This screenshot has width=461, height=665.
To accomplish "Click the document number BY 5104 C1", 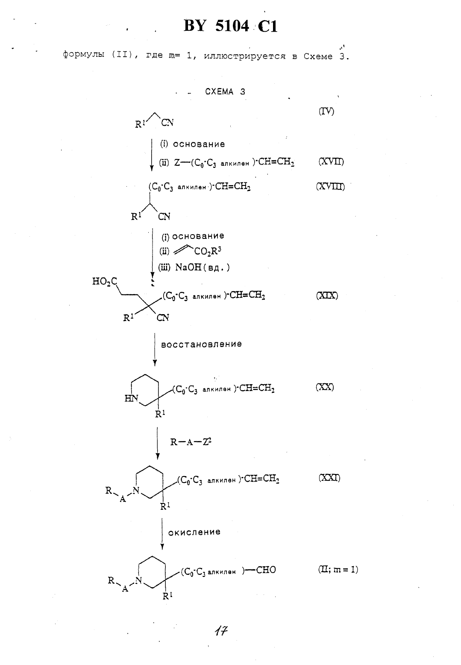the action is pos(231,26).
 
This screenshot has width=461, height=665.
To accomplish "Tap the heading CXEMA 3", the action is pos(225,92).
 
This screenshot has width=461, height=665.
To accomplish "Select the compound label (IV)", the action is pos(326,111).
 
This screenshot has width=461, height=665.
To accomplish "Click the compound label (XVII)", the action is pos(331,162).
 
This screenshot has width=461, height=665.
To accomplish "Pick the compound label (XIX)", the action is pos(327,295).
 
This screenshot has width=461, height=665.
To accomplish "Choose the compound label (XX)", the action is pos(325,387).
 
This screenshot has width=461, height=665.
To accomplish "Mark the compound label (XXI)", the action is pos(329,478).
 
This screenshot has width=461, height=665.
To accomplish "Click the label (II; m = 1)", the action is pos(338,569).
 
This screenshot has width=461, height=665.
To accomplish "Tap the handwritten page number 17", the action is pos(221,630).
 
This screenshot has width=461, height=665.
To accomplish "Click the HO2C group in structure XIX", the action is pos(105,281).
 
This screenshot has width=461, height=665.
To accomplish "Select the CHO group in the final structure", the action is pos(266,570).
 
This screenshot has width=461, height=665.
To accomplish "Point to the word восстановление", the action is pos(201,344).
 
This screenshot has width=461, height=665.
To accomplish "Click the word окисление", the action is pos(194,532).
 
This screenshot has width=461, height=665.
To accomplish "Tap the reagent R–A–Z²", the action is pos(191,442).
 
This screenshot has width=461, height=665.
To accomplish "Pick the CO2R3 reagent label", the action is pos(208,251).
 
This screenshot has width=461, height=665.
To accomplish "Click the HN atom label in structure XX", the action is pos(131,398).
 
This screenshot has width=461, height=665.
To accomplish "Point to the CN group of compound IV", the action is pos(167,122).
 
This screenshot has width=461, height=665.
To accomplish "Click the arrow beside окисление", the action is pos(162,534).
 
